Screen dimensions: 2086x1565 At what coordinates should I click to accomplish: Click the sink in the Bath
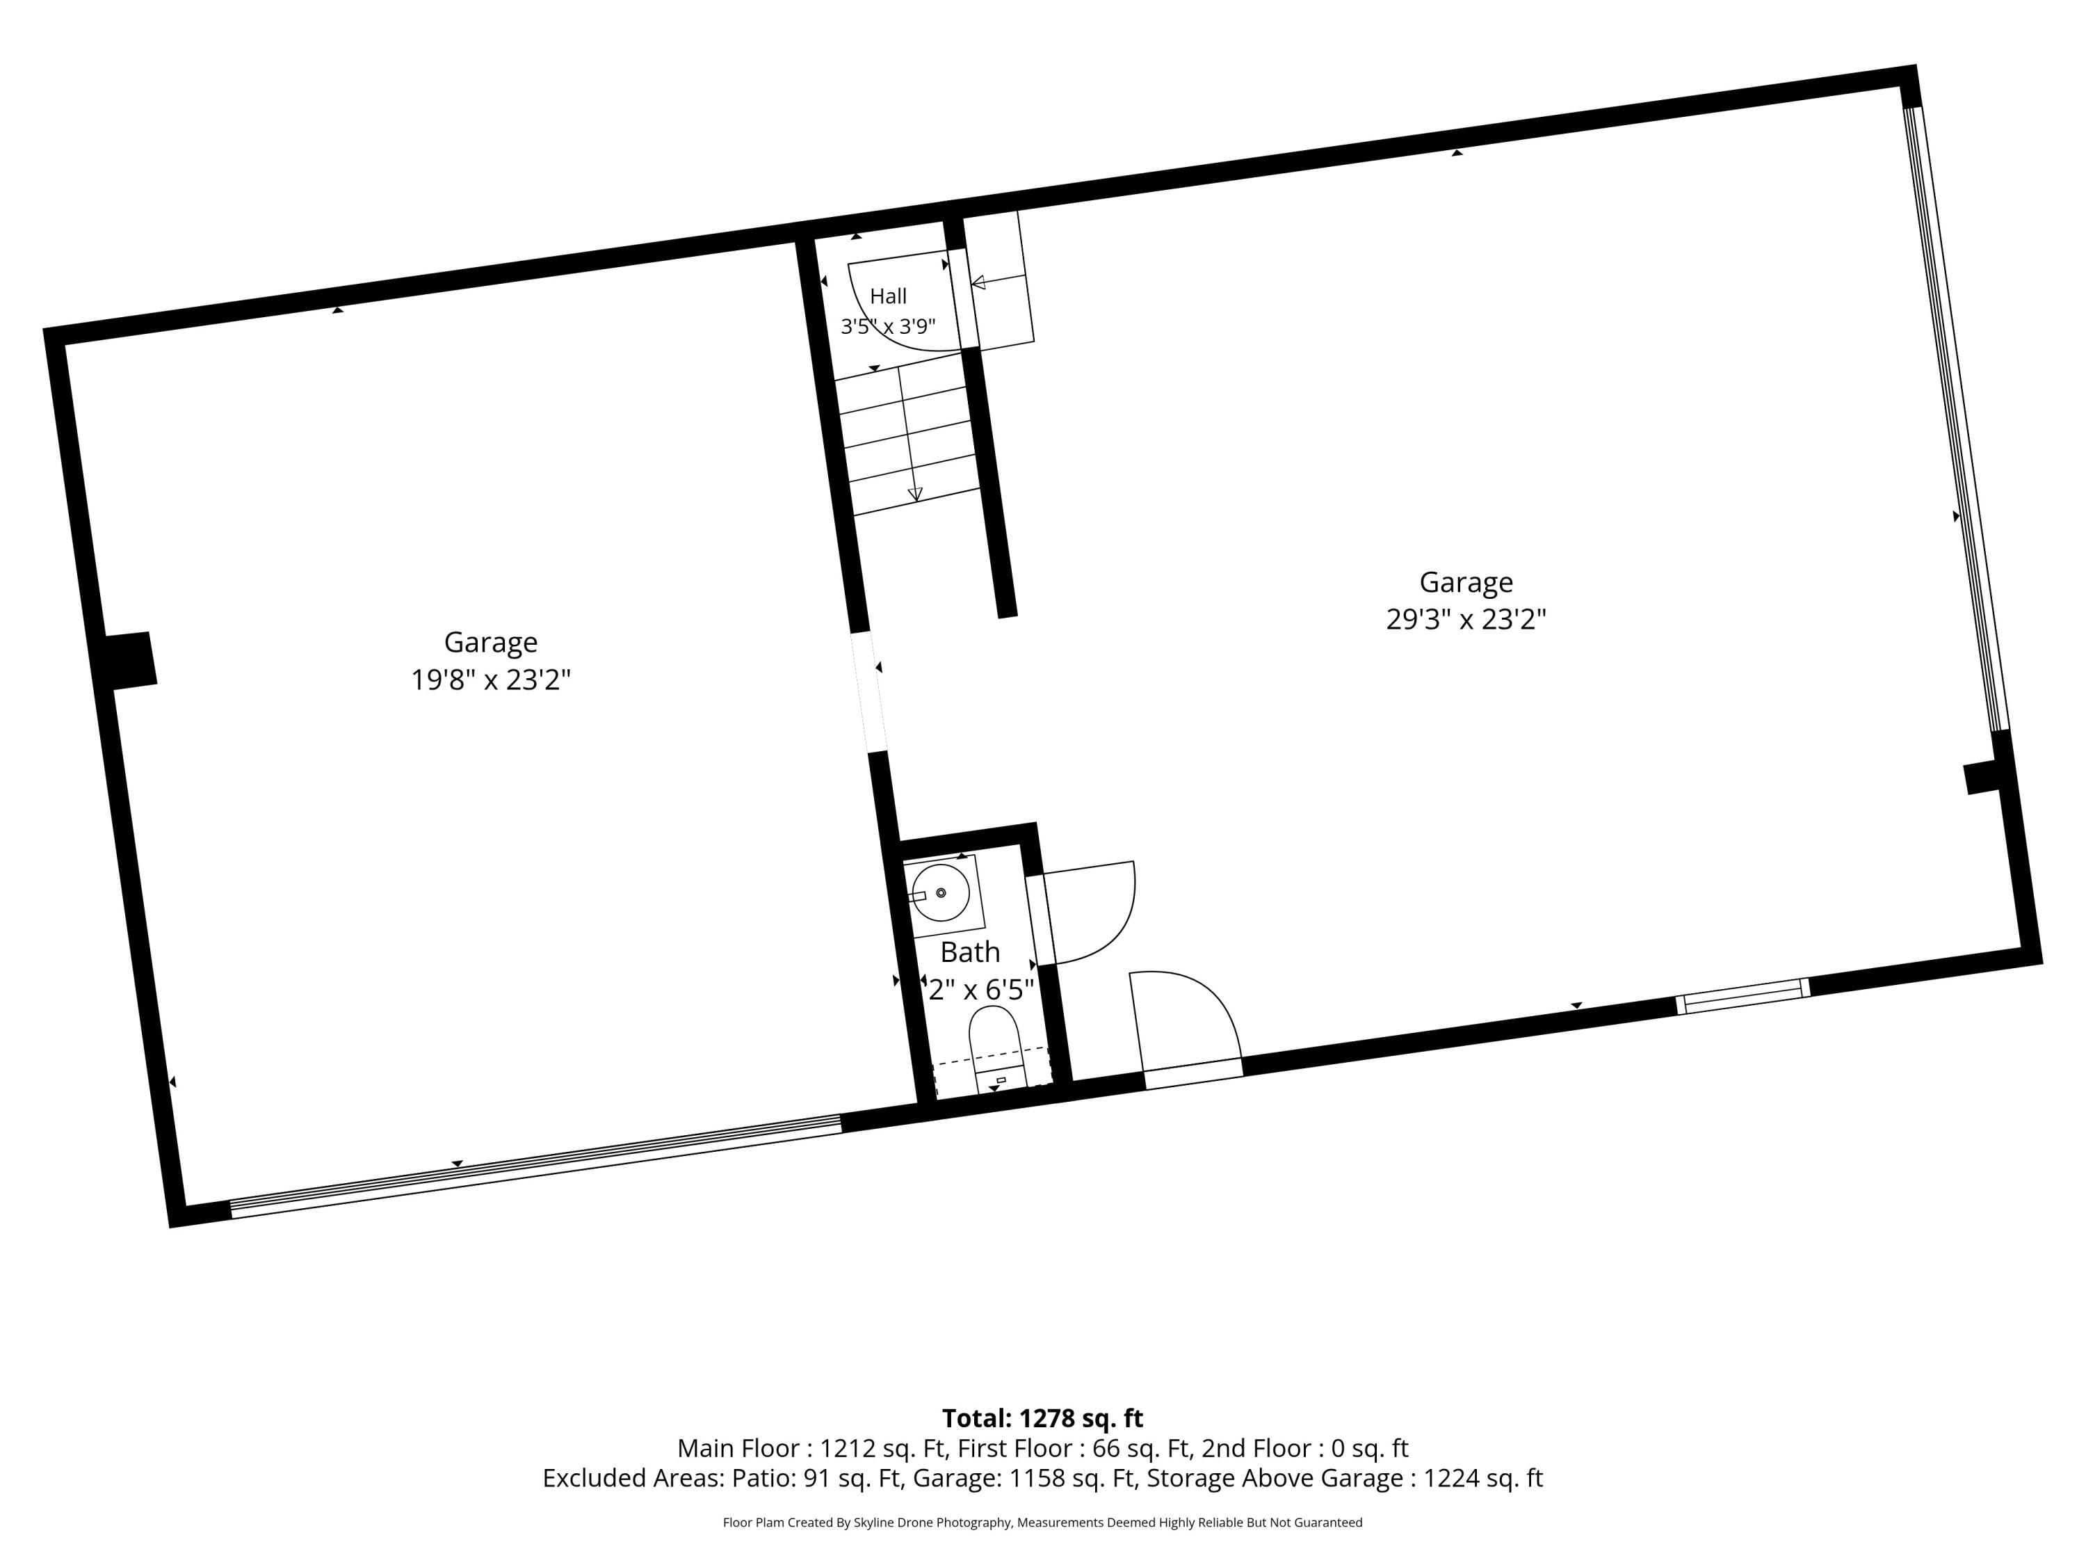click(x=940, y=892)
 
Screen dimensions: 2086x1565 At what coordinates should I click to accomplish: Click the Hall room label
click(x=889, y=296)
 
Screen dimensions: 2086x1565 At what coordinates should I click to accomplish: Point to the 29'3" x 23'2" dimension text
click(x=1466, y=619)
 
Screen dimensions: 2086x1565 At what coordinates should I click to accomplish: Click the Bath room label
click(x=971, y=952)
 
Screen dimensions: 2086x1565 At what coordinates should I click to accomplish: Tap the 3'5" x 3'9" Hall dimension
click(x=889, y=326)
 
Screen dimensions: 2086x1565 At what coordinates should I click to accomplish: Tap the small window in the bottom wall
click(x=1743, y=996)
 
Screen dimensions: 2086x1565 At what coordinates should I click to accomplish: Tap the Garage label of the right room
click(x=1466, y=582)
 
